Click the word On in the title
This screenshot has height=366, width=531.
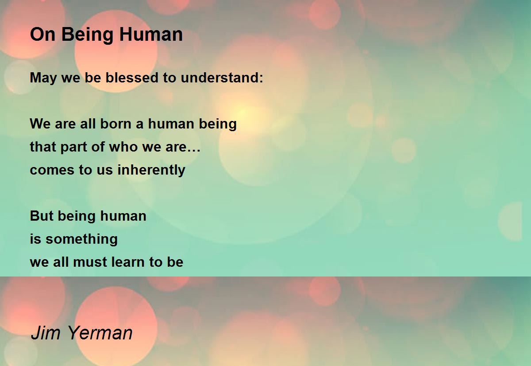pyautogui.click(x=42, y=35)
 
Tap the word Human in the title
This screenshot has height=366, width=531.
pyautogui.click(x=151, y=35)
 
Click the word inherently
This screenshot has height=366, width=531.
pyautogui.click(x=151, y=170)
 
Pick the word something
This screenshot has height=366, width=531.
pyautogui.click(x=81, y=239)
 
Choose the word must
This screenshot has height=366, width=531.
pyautogui.click(x=90, y=262)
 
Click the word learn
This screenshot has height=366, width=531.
pyautogui.click(x=127, y=262)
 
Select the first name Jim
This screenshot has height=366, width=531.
pyautogui.click(x=46, y=333)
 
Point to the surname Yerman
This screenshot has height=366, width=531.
pyautogui.click(x=100, y=333)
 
